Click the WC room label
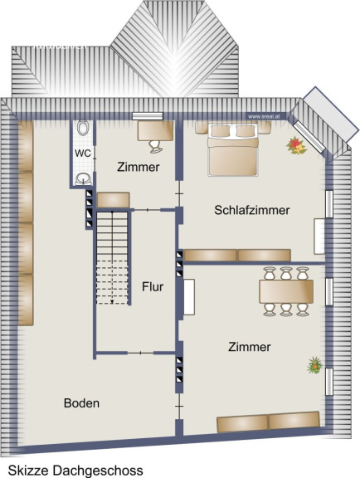(x=83, y=153)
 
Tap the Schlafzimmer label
(x=252, y=210)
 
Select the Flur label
(x=153, y=286)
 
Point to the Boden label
(x=81, y=403)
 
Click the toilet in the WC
(x=83, y=128)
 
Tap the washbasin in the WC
(x=83, y=178)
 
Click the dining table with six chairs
(x=286, y=291)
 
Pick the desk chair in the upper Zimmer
(x=156, y=146)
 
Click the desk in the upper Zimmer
(x=155, y=131)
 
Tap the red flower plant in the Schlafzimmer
(x=296, y=145)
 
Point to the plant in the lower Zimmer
(x=315, y=365)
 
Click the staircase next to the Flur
(x=112, y=258)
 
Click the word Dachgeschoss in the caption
(x=97, y=470)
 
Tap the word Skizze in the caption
(x=27, y=470)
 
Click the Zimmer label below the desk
(x=138, y=167)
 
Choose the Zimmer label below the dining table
(x=250, y=347)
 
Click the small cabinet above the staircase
(x=114, y=200)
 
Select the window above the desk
(x=148, y=116)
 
